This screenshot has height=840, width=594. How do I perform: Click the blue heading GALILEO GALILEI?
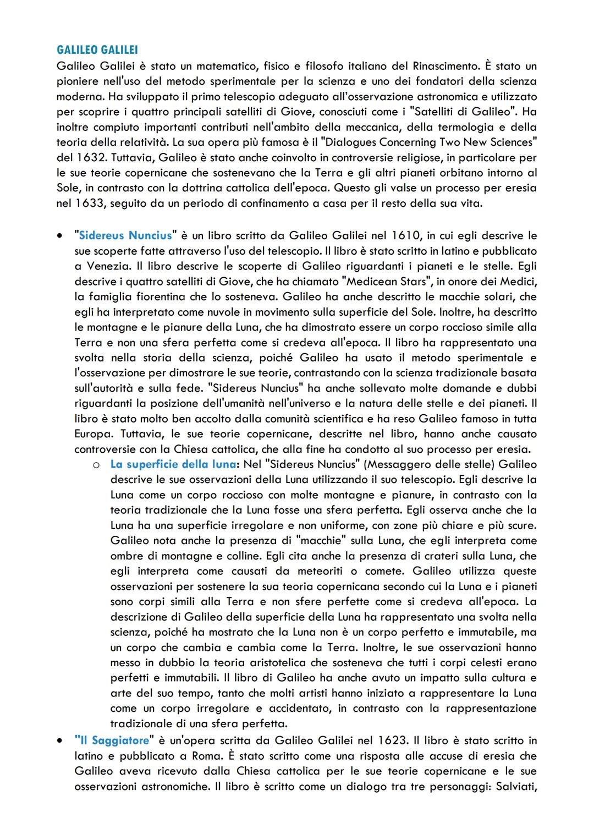pyautogui.click(x=97, y=50)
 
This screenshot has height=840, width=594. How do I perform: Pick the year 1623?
pyautogui.click(x=392, y=740)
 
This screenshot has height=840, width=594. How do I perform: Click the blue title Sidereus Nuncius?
pyautogui.click(x=125, y=235)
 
